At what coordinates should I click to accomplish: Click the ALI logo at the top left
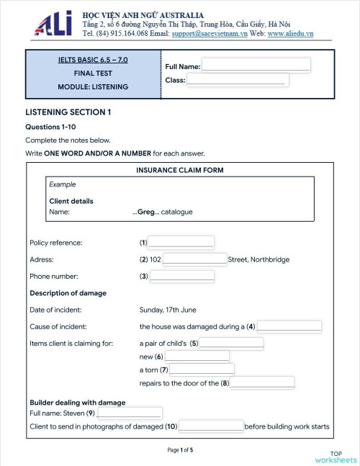55,24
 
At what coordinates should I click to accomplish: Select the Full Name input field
256,66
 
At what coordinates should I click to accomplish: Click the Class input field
238,80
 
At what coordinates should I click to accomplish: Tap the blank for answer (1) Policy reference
181,242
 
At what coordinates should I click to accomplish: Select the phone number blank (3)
181,276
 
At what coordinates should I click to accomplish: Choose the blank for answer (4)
289,326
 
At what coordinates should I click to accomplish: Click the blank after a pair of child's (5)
231,343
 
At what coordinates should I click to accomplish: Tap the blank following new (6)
197,357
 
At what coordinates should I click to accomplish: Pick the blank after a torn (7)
202,369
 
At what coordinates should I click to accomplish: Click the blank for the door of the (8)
262,382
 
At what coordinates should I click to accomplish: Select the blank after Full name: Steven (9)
129,413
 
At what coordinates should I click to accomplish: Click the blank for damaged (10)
211,426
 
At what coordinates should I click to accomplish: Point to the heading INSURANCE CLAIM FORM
179,171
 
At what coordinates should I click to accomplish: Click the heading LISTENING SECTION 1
68,112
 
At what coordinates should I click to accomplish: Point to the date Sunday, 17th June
168,310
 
